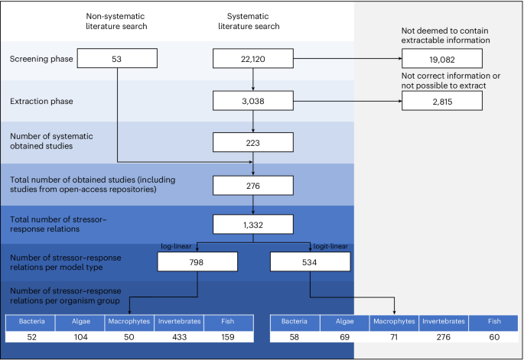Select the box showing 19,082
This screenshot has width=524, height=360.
[441, 58]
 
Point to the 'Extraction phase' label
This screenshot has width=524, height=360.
[37, 100]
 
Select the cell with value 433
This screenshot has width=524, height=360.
[179, 335]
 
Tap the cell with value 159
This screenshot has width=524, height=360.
[228, 335]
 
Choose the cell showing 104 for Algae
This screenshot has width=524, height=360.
[80, 335]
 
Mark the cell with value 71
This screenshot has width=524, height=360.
[394, 335]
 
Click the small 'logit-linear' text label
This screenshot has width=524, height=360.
[331, 246]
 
